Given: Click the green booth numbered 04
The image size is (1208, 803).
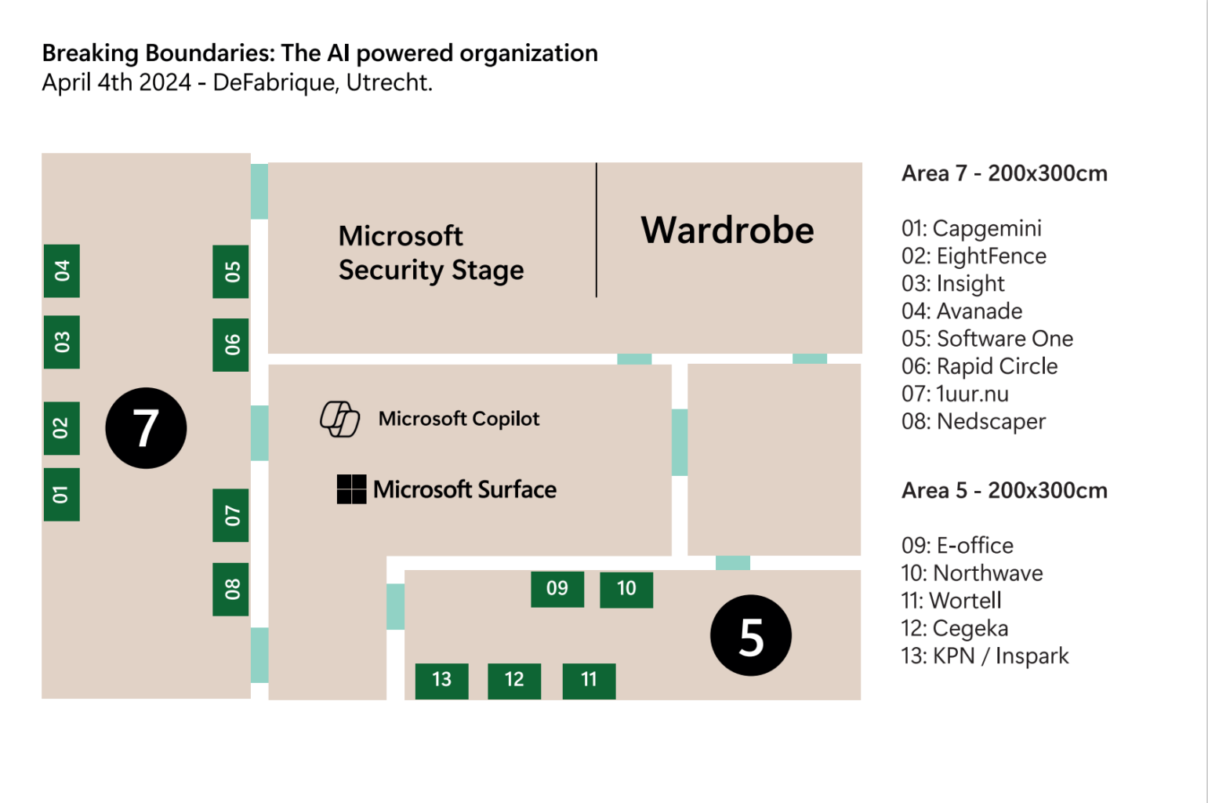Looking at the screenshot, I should click(x=62, y=271).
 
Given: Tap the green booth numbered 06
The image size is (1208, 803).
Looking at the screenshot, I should click(x=231, y=344).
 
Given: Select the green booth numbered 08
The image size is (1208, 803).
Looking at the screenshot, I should click(x=231, y=589).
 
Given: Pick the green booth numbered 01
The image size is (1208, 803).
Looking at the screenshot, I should click(x=62, y=495).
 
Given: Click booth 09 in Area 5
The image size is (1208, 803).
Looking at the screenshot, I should click(x=557, y=589).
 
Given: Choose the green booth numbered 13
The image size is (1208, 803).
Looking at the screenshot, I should click(x=441, y=680).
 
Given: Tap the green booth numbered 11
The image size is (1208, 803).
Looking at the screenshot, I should click(x=589, y=680).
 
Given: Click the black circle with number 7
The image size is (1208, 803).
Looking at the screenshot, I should click(x=146, y=428).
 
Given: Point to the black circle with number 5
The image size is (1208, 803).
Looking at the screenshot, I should click(x=750, y=636).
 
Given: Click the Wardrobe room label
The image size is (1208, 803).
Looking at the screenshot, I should click(x=727, y=231).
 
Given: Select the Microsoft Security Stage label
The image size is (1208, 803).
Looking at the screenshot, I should click(x=430, y=253).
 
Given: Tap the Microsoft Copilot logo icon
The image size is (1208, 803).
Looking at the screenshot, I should click(x=339, y=419).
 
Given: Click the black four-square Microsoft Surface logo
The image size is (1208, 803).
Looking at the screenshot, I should click(x=351, y=489).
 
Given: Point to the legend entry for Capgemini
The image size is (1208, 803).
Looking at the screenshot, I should click(x=971, y=228).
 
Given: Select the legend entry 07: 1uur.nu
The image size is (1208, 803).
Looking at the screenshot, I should click(x=955, y=394).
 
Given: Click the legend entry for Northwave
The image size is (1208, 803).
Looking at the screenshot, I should click(x=972, y=573).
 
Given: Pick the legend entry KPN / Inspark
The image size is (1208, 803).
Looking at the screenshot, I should click(x=985, y=656).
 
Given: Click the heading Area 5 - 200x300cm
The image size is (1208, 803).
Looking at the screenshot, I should click(x=1004, y=491).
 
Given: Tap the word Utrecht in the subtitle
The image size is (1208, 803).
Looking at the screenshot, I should click(x=389, y=82).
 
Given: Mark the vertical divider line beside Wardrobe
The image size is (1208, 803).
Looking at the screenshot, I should click(x=597, y=230).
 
